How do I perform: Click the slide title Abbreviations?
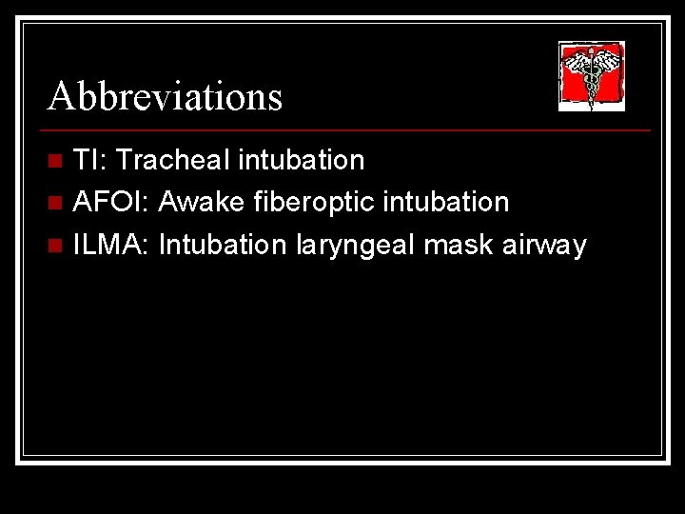[166, 96]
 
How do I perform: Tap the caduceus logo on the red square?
[591, 76]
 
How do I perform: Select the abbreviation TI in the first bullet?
[87, 160]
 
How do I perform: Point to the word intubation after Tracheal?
[302, 160]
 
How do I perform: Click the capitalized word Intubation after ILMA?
[224, 245]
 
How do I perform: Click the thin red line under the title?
[348, 129]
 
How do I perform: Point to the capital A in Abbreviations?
[62, 96]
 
